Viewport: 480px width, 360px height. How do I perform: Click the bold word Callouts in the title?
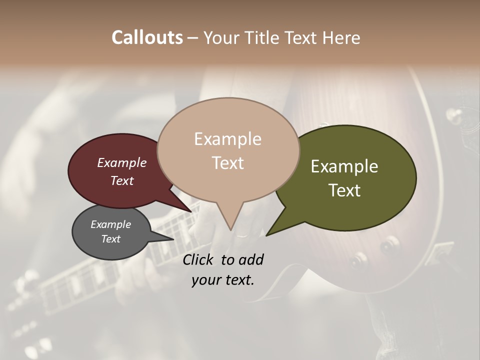pyautogui.click(x=147, y=37)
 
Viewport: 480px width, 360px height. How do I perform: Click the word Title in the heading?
pyautogui.click(x=263, y=38)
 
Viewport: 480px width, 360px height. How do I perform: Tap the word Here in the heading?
pyautogui.click(x=341, y=38)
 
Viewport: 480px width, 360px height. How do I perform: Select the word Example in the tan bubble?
pyautogui.click(x=227, y=139)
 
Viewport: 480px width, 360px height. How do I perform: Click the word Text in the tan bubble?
pyautogui.click(x=227, y=163)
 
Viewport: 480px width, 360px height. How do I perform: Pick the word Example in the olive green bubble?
pyautogui.click(x=344, y=166)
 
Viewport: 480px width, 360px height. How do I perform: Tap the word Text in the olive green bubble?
pyautogui.click(x=344, y=190)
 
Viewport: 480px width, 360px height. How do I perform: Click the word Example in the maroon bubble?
pyautogui.click(x=121, y=162)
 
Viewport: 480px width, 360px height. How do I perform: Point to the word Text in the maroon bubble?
pyautogui.click(x=121, y=180)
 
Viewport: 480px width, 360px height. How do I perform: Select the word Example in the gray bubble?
pyautogui.click(x=110, y=224)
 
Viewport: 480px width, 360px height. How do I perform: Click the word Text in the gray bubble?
pyautogui.click(x=110, y=239)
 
